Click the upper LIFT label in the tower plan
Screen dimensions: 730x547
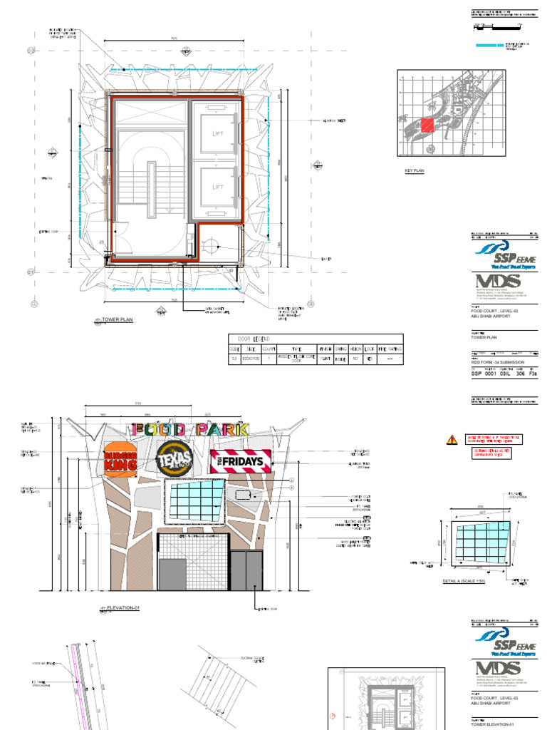click(x=217, y=133)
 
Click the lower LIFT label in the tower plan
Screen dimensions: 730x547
click(x=217, y=187)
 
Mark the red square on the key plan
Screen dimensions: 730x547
click(x=427, y=125)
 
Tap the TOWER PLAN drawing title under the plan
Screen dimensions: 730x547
click(x=118, y=321)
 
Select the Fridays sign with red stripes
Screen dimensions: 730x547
click(x=242, y=461)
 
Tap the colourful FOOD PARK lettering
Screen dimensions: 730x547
click(x=189, y=430)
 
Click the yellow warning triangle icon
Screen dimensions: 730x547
click(x=452, y=441)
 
